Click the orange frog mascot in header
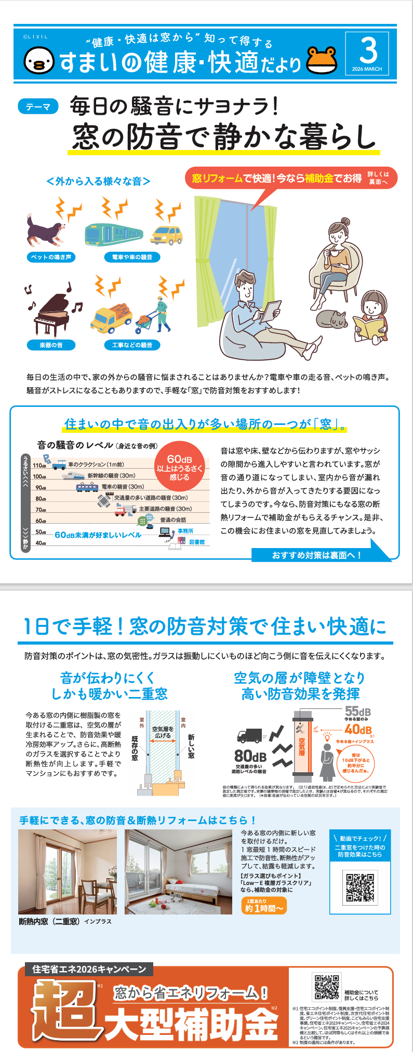coord(322,61)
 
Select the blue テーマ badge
coord(38,106)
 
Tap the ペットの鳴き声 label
coord(51,257)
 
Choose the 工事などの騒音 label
coord(132,345)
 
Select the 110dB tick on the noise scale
coord(39,466)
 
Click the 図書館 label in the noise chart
coord(197,542)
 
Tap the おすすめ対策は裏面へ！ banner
coord(316,555)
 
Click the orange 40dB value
coord(358,730)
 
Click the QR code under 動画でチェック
coord(360,887)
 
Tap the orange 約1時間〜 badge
coord(264,906)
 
